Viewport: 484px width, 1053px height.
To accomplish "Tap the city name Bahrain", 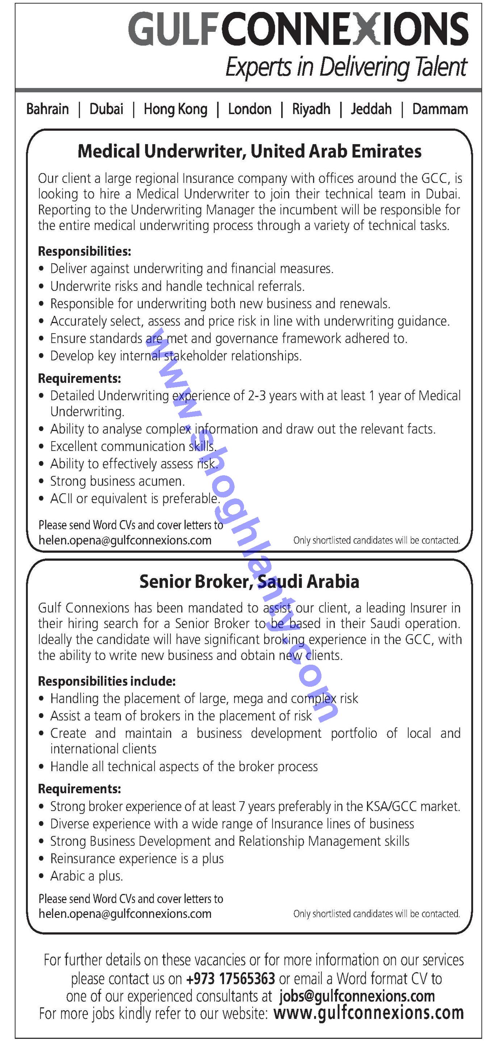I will pyautogui.click(x=47, y=109).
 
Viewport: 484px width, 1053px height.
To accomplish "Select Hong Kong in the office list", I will pyautogui.click(x=175, y=109).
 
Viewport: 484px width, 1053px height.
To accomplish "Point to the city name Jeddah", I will pyautogui.click(x=371, y=109).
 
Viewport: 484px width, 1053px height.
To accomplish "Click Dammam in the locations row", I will pyautogui.click(x=440, y=109).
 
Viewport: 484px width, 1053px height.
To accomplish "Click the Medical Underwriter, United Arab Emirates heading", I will pyautogui.click(x=249, y=151).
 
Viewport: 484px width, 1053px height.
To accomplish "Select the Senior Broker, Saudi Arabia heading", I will pyautogui.click(x=249, y=581).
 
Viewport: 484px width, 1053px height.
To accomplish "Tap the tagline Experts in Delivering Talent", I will pyautogui.click(x=346, y=67).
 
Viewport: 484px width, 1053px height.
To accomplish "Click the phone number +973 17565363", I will pyautogui.click(x=230, y=979).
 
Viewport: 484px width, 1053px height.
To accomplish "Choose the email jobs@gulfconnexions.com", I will pyautogui.click(x=357, y=996).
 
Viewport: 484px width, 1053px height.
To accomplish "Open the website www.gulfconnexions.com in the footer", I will pyautogui.click(x=369, y=1014).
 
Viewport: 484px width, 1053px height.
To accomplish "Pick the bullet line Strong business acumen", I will pyautogui.click(x=117, y=481).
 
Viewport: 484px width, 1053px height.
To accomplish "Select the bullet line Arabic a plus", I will pyautogui.click(x=86, y=876).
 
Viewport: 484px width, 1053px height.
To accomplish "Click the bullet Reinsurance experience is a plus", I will pyautogui.click(x=137, y=858).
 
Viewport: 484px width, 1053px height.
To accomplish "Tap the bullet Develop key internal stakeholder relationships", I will pyautogui.click(x=176, y=356).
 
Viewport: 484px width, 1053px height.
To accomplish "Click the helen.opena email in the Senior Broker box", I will pyautogui.click(x=125, y=914).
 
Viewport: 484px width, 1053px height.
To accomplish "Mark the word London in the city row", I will pyautogui.click(x=249, y=109).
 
